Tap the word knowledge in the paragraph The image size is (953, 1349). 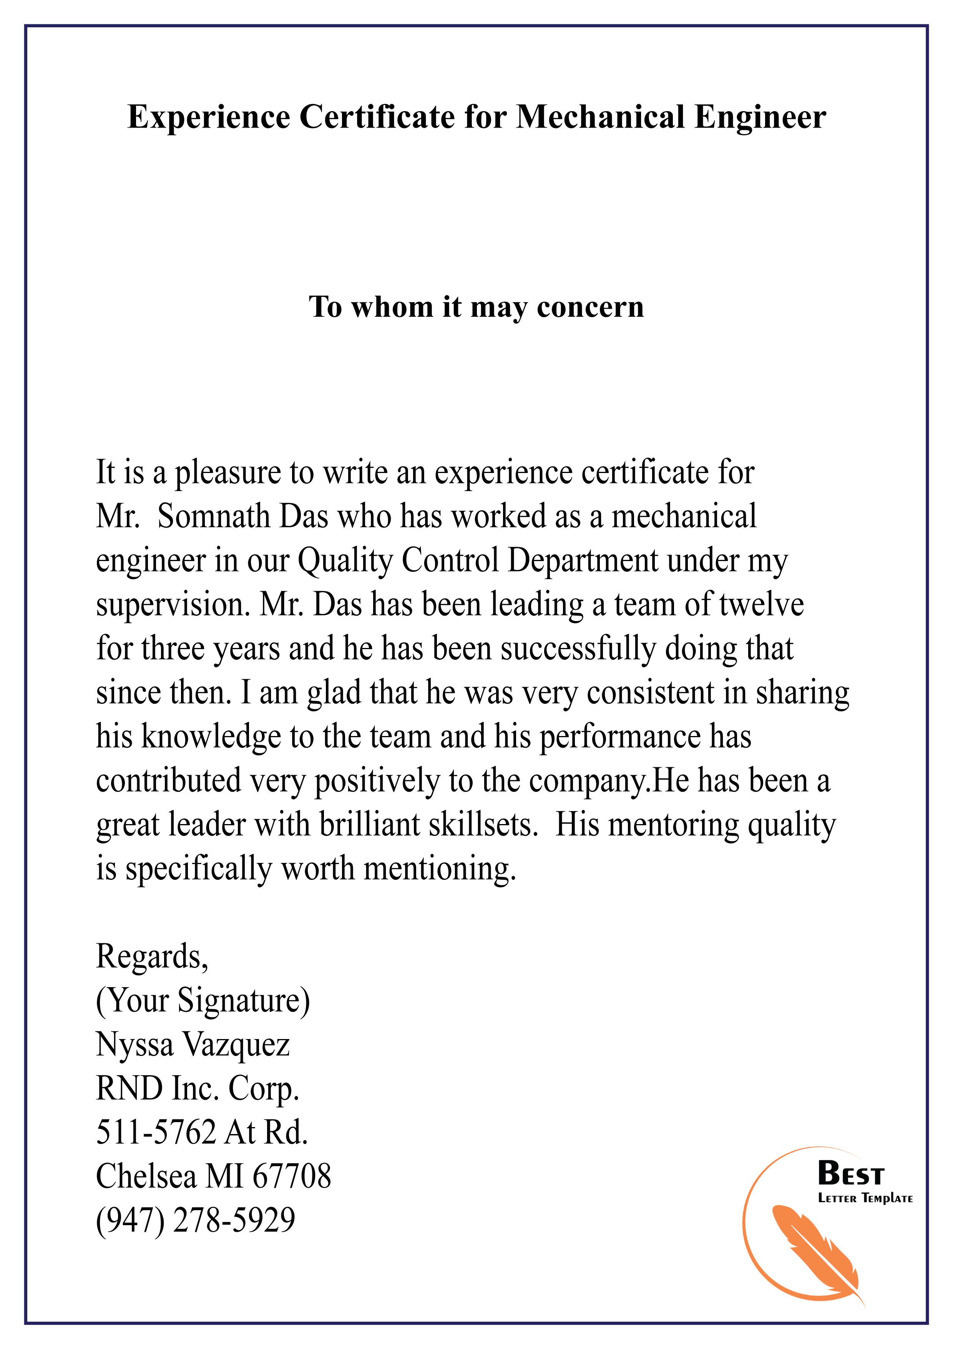(211, 737)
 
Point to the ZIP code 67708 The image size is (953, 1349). (292, 1176)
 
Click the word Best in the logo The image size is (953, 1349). (850, 1174)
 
